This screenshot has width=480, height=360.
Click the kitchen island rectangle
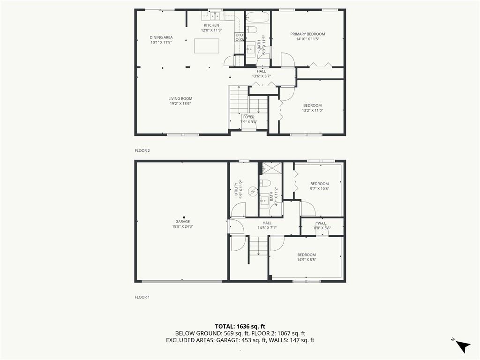(x=207, y=46)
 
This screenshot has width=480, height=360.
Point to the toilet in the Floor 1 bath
(x=265, y=183)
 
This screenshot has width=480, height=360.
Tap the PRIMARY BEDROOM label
(x=307, y=34)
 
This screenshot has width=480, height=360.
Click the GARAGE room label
(x=183, y=222)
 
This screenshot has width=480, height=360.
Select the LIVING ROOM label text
(x=180, y=99)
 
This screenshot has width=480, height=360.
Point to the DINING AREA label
(x=161, y=37)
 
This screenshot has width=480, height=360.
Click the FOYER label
(x=248, y=117)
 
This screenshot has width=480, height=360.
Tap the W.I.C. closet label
(x=322, y=223)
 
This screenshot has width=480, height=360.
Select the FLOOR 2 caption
(x=142, y=150)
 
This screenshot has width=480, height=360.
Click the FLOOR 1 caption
(x=142, y=297)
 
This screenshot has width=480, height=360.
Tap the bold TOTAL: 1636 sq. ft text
(x=240, y=326)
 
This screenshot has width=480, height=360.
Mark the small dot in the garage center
(x=184, y=217)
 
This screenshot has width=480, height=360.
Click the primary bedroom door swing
(x=287, y=60)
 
